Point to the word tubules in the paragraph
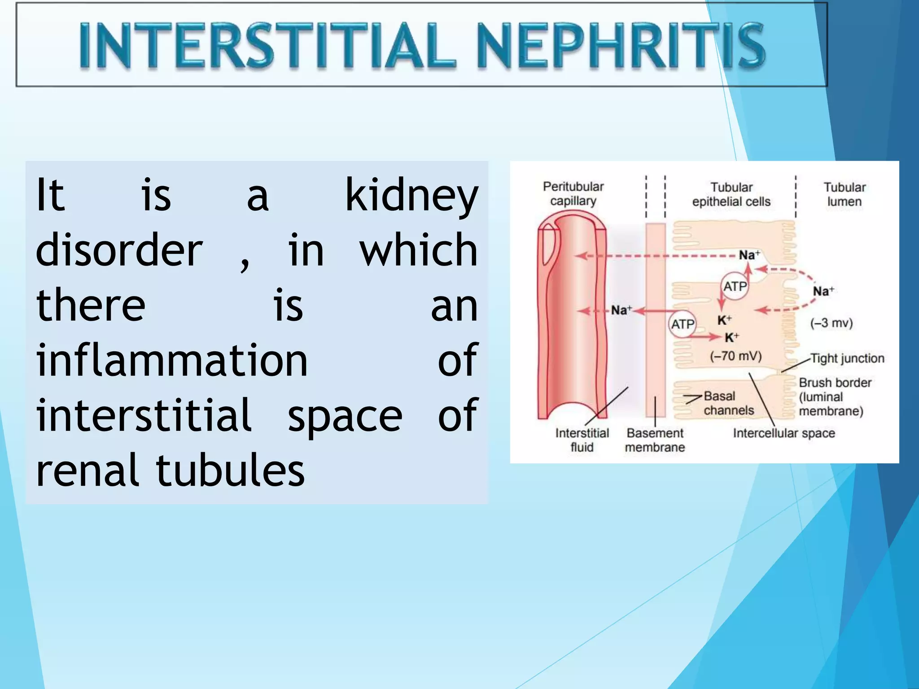[x=230, y=470]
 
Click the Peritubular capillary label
[x=573, y=194]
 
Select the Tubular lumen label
[x=844, y=194]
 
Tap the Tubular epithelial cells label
[x=731, y=194]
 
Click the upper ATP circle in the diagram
[x=735, y=286]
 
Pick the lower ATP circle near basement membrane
[x=683, y=324]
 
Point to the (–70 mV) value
[x=735, y=356]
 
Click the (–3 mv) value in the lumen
[x=831, y=323]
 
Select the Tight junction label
[x=847, y=358]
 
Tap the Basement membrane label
[x=655, y=440]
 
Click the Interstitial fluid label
[x=582, y=440]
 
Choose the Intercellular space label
[x=783, y=433]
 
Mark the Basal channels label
[x=728, y=403]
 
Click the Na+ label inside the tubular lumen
[x=823, y=292]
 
